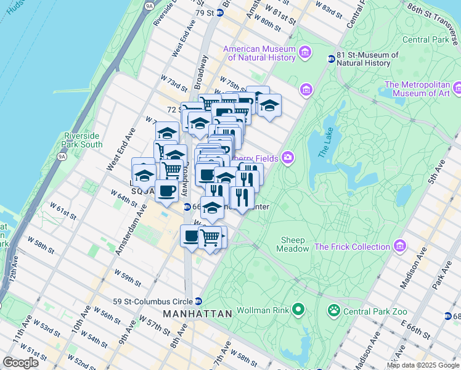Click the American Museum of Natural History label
click(259, 53)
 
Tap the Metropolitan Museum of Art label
click(422, 89)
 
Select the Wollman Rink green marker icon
click(299, 308)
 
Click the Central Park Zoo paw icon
click(335, 310)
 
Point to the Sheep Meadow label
click(294, 244)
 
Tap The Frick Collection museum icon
click(401, 247)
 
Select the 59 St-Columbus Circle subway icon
click(198, 302)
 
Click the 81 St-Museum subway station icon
click(331, 59)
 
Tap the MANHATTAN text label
click(198, 314)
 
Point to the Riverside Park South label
click(81, 140)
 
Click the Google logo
click(21, 363)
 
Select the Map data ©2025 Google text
click(423, 365)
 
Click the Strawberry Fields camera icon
click(288, 158)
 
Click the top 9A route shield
click(148, 6)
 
